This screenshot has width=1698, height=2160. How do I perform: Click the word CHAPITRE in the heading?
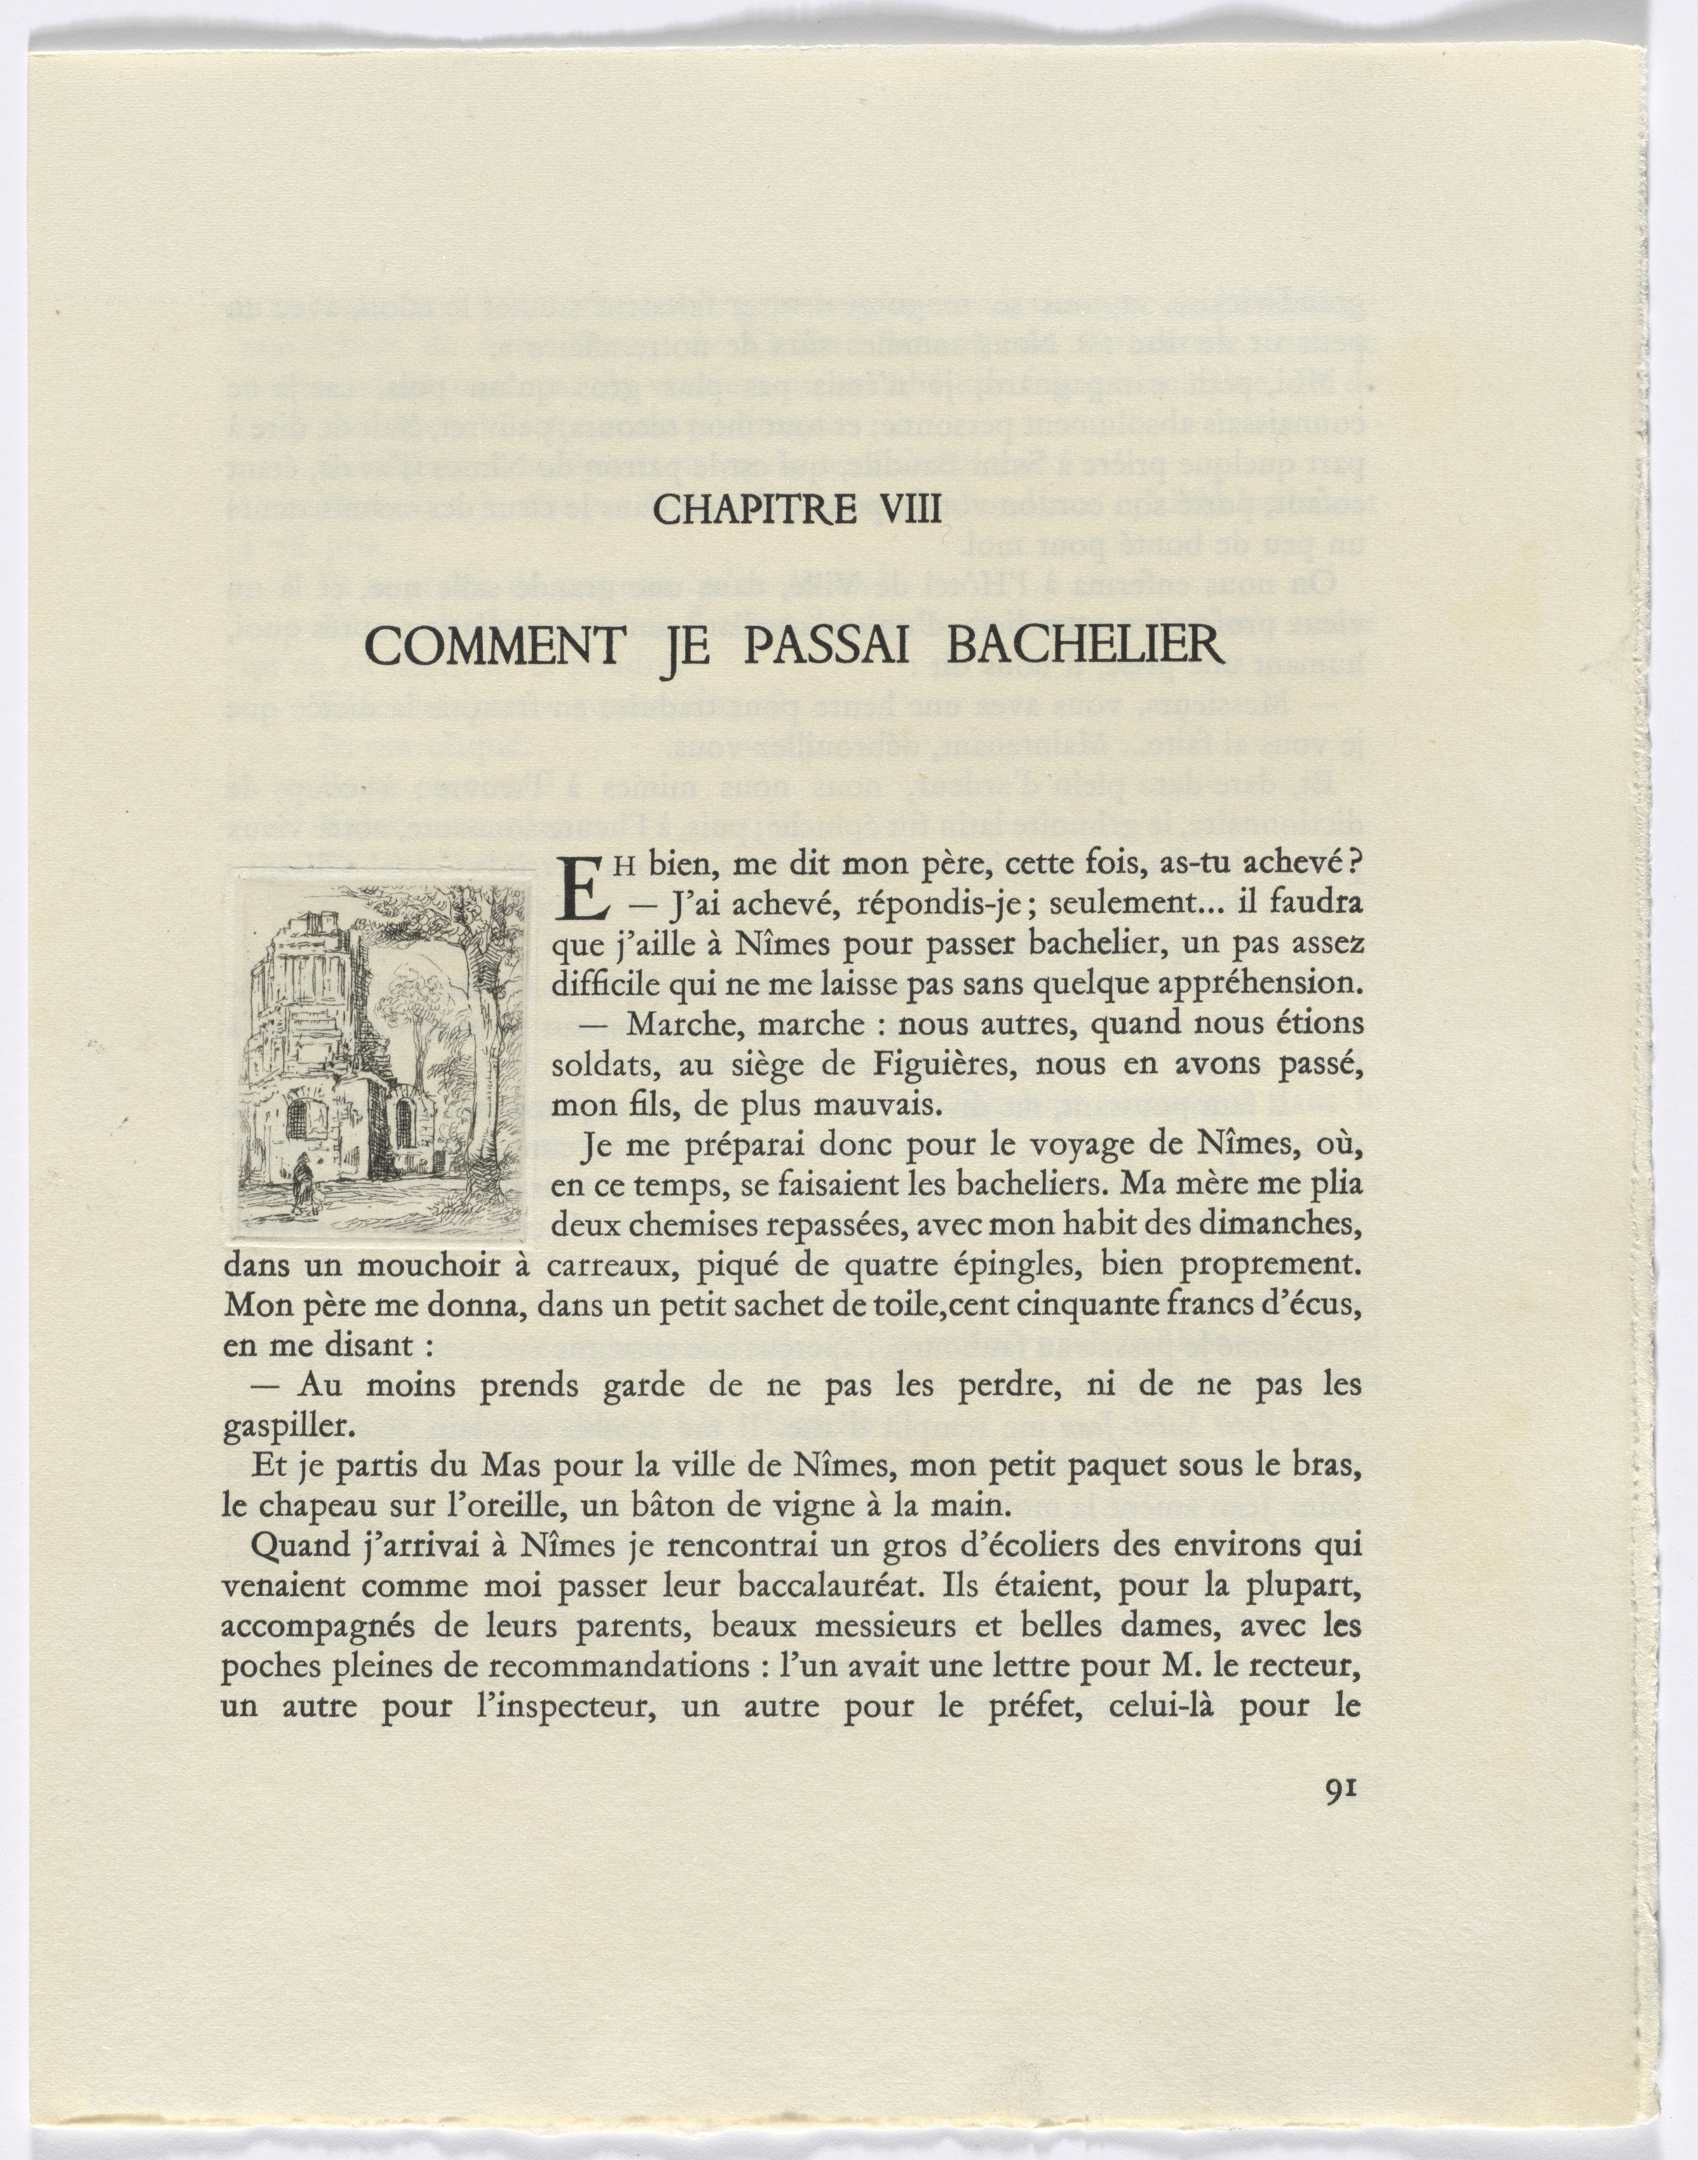[756, 511]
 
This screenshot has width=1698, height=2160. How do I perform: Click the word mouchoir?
[433, 1266]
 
